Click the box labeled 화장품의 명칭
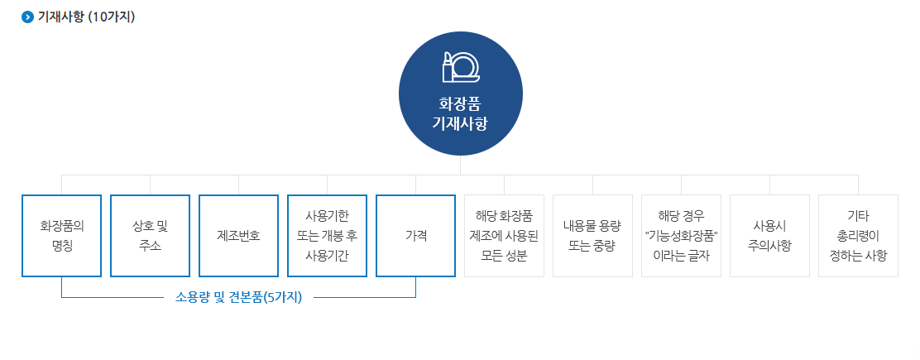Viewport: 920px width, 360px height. [x=62, y=236]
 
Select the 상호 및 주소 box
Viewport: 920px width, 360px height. [x=150, y=236]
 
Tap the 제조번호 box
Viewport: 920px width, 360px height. [x=238, y=236]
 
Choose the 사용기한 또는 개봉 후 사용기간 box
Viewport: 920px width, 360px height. [x=327, y=236]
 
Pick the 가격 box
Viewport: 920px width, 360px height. [x=415, y=236]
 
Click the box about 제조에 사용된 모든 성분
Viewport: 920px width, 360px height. [x=504, y=236]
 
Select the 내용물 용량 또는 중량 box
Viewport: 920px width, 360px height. [x=592, y=236]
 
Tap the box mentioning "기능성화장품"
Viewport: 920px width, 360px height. [x=681, y=236]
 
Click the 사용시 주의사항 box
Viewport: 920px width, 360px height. [x=769, y=236]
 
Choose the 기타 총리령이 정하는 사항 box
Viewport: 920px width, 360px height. [x=858, y=236]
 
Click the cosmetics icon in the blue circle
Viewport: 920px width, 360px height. [x=461, y=67]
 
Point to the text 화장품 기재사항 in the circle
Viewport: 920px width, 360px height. [x=460, y=114]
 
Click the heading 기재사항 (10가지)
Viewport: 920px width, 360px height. [x=86, y=17]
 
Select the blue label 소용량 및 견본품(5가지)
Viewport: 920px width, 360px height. [x=239, y=297]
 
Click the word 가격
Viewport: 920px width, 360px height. [x=415, y=236]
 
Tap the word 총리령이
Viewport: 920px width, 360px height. [x=858, y=236]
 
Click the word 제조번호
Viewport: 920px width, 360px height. [x=238, y=236]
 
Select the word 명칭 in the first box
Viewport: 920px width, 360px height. [x=62, y=246]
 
